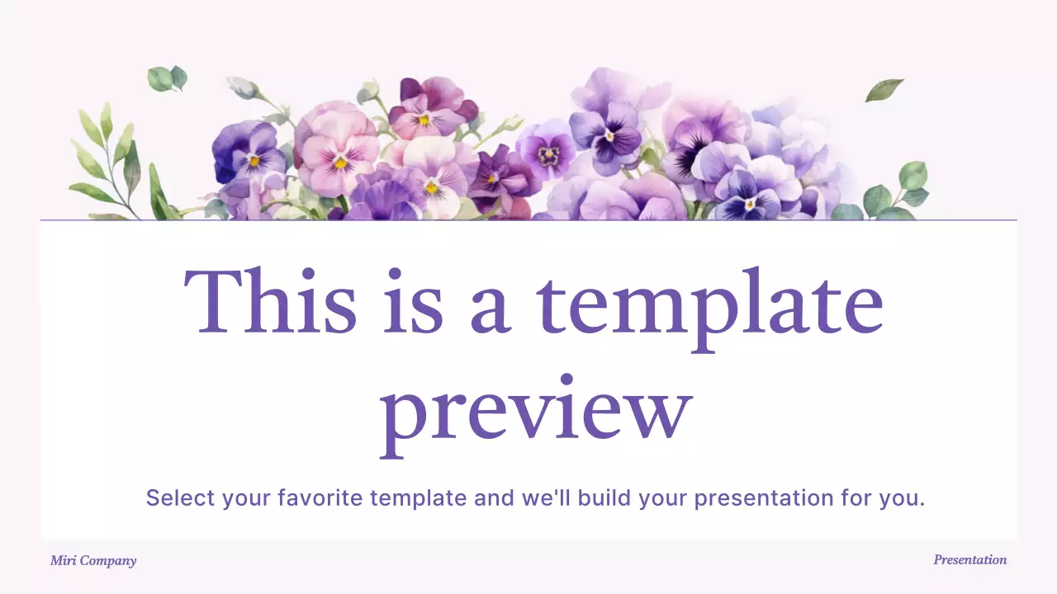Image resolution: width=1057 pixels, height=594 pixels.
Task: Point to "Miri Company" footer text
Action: (93, 561)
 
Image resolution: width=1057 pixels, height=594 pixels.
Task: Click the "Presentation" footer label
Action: (969, 560)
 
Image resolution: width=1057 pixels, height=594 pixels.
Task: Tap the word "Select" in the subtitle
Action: (180, 498)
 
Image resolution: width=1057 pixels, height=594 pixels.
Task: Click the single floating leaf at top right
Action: (884, 89)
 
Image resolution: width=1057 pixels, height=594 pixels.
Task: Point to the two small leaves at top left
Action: (168, 78)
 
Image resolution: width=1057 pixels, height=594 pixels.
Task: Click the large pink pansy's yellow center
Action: (339, 162)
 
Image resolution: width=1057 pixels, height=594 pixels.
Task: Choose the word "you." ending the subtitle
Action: (904, 498)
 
